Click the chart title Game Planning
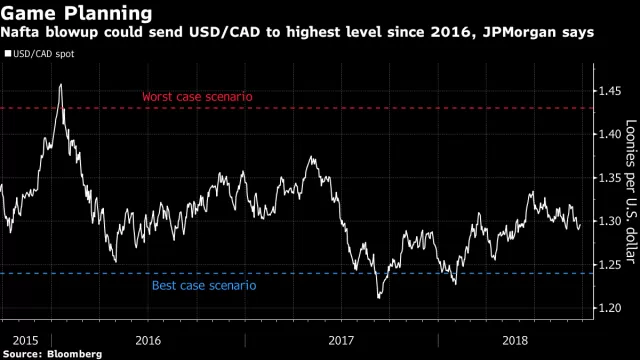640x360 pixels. coord(76,13)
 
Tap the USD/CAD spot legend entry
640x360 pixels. coord(40,54)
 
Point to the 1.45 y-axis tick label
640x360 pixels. coord(610,91)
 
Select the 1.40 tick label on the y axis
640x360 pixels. coord(610,134)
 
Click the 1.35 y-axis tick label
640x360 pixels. coord(610,178)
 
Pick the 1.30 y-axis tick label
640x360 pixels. coord(610,221)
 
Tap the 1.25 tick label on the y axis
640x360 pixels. coord(610,264)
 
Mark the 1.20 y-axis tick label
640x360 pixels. coord(610,308)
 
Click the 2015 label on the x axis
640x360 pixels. coord(25,340)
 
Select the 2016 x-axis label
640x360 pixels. coord(148,340)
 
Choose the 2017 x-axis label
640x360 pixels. coord(341,340)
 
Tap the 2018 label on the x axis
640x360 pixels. coord(515,340)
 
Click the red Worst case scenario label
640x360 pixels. coord(197,97)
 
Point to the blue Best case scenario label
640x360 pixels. coord(204,285)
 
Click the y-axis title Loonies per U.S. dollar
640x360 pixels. coord(631,192)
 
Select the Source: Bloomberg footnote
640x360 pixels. coord(52,354)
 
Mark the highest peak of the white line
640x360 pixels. coord(61,84)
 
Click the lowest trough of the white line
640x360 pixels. coord(379,298)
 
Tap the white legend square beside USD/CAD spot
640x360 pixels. coord(8,53)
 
